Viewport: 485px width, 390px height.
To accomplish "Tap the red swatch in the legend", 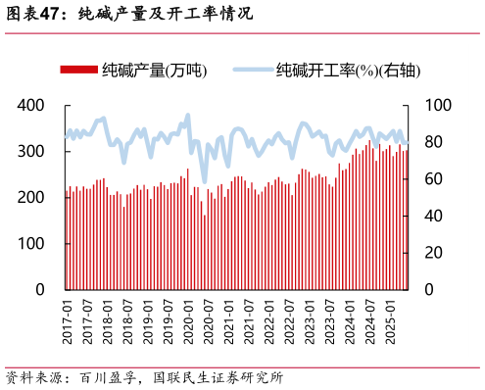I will (x=79, y=70).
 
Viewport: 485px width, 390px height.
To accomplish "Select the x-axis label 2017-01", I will (x=68, y=322).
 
